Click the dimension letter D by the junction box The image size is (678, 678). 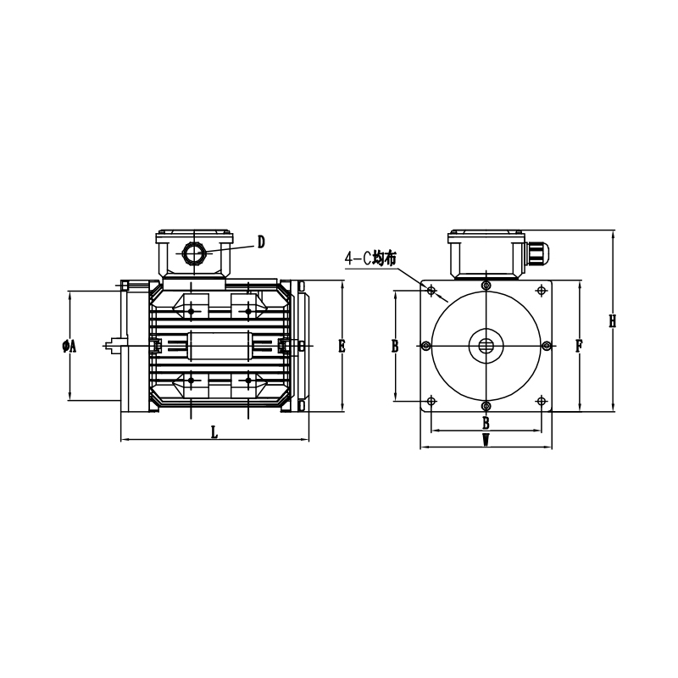[x=261, y=242]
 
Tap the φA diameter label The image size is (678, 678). [x=69, y=346]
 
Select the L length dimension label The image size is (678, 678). [x=214, y=432]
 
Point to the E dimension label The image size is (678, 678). [x=342, y=346]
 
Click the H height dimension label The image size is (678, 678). [x=612, y=321]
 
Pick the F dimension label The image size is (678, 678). [x=579, y=346]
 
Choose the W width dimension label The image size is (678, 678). [x=486, y=440]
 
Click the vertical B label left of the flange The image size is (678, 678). [x=395, y=346]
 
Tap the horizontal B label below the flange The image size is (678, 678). [x=486, y=423]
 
